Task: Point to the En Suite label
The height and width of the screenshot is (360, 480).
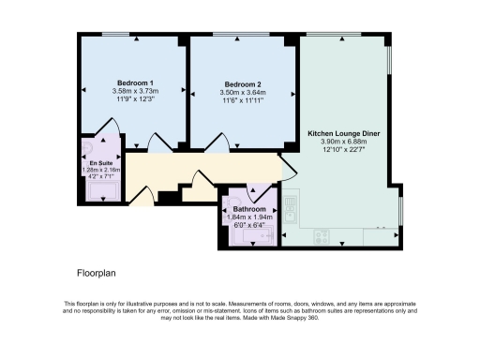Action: tap(100, 160)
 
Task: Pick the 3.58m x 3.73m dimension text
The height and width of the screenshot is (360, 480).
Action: tap(136, 92)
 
